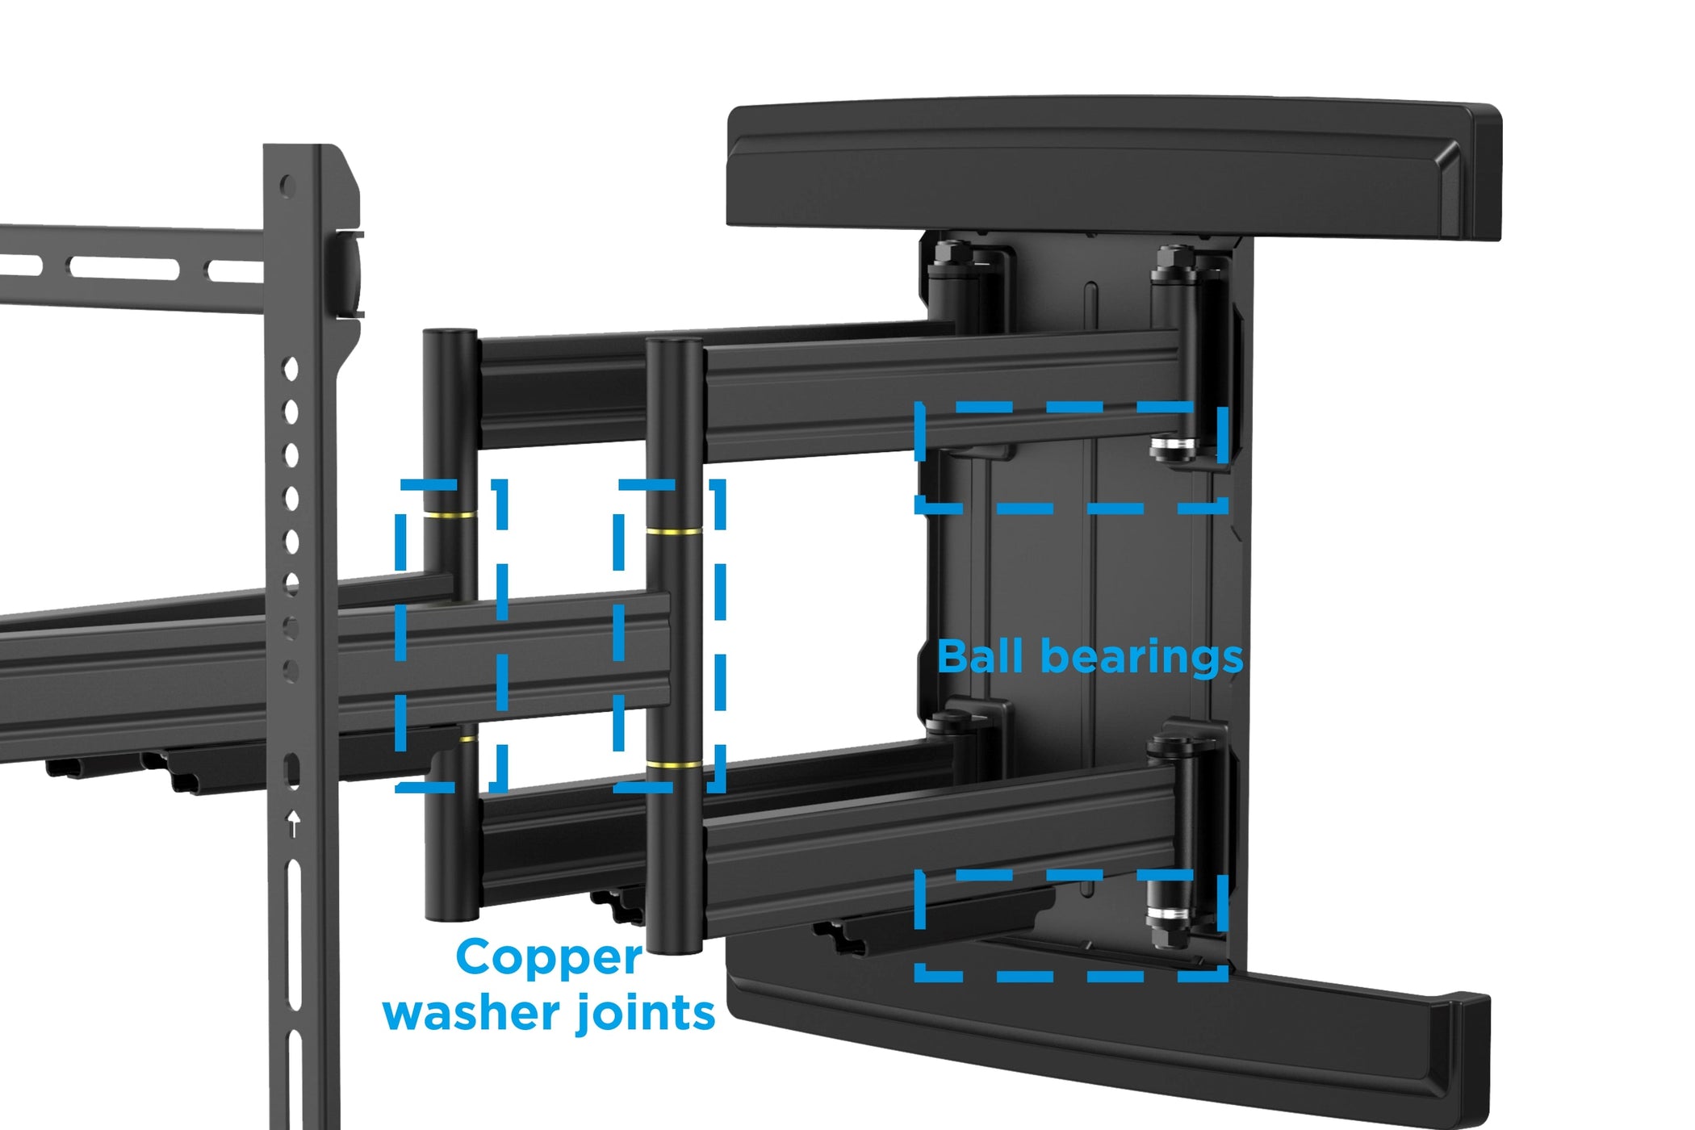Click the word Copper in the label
[x=549, y=959]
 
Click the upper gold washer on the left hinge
[x=450, y=514]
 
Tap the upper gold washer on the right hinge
[x=674, y=532]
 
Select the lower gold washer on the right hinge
[x=674, y=764]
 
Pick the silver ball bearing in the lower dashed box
[x=1169, y=914]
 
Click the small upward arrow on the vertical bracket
[x=294, y=823]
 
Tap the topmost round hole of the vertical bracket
[x=287, y=186]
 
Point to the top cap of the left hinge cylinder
[x=450, y=333]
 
